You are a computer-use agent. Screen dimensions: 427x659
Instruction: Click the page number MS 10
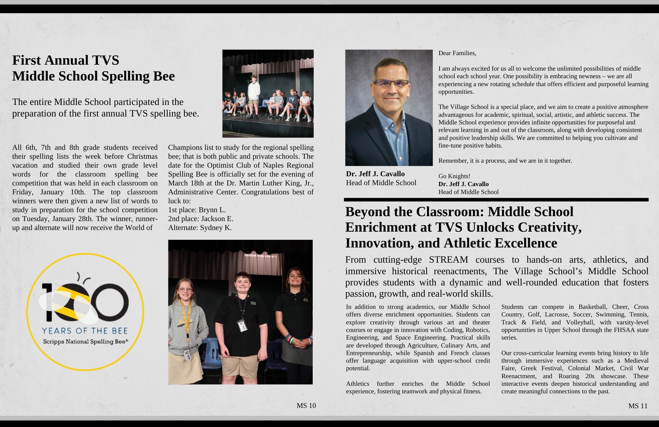coord(306,406)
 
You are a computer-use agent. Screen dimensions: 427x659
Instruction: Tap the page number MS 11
coord(638,406)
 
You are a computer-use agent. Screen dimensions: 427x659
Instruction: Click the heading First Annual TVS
coord(66,60)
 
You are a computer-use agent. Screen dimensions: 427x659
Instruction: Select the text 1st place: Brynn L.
coord(197,210)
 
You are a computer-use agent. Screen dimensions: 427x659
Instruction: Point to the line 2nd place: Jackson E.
coord(200,219)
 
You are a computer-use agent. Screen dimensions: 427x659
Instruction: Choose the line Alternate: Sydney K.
coord(200,228)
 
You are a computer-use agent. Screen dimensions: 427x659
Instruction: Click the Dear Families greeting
coord(457,53)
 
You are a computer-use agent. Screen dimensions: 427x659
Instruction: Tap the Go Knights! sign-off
coord(454,176)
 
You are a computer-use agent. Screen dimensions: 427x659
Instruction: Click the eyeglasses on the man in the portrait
coord(391,83)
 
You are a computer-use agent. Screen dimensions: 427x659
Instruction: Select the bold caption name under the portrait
coord(375,174)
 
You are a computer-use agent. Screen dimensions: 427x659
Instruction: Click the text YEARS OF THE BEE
coord(85,331)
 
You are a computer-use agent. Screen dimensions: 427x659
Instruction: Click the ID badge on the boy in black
coord(242,325)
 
